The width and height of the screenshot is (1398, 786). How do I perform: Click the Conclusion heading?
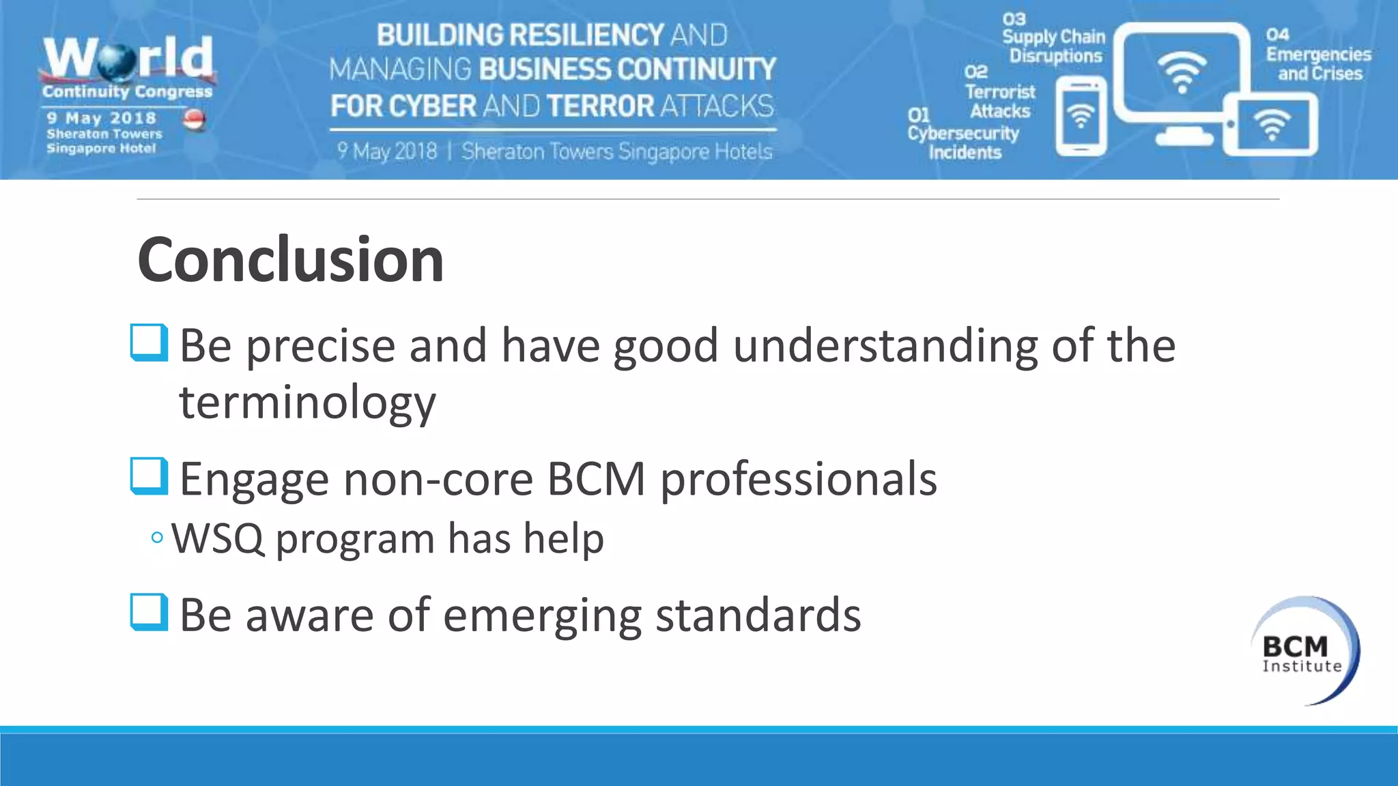point(291,260)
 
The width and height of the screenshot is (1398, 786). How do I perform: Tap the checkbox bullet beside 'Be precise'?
point(149,343)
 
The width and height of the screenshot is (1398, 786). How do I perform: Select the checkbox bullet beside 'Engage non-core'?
point(149,476)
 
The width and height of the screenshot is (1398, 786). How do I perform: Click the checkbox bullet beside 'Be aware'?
point(149,612)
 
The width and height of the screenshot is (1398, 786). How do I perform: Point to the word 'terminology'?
point(307,403)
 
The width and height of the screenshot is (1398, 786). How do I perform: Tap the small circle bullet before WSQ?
point(157,538)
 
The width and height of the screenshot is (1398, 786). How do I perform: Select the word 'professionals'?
point(798,479)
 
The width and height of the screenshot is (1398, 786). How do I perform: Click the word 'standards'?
point(758,615)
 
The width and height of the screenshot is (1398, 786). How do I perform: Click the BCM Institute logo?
point(1304,651)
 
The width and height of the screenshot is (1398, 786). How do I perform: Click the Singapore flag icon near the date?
point(195,119)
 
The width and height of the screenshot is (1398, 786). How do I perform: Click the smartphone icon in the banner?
point(1081,116)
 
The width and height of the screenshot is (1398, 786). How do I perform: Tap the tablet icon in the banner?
point(1271,125)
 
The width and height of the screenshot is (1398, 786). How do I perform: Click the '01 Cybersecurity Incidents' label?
point(962,134)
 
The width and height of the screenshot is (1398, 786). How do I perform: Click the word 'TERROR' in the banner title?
point(600,106)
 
